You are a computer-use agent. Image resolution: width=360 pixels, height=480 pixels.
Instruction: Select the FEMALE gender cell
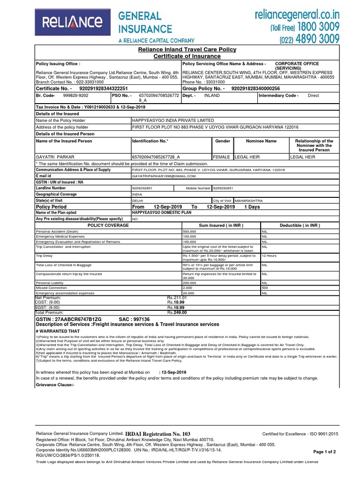[222, 157]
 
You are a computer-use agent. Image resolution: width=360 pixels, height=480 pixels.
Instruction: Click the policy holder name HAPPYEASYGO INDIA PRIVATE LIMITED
[173, 120]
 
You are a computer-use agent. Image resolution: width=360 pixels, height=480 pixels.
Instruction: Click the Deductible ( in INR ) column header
[300, 225]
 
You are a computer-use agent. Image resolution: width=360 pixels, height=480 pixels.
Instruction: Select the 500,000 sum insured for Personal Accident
[189, 232]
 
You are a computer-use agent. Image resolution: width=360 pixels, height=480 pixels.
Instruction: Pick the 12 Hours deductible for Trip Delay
[269, 256]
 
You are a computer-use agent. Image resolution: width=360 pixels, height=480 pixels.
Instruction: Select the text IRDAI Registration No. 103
[158, 434]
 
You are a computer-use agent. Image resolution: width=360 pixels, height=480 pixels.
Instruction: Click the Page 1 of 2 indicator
[328, 451]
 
